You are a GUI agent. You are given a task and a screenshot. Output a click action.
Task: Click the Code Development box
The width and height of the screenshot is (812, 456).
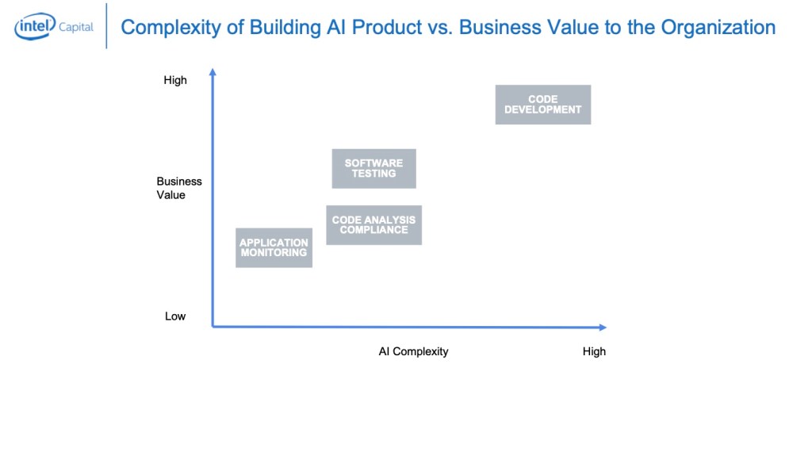pyautogui.click(x=543, y=105)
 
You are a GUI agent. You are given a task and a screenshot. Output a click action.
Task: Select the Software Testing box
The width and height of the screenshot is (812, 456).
pyautogui.click(x=373, y=168)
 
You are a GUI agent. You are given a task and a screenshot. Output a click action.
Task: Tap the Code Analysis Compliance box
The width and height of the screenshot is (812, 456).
pyautogui.click(x=373, y=224)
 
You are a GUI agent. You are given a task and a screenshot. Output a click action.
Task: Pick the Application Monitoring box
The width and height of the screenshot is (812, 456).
pyautogui.click(x=274, y=247)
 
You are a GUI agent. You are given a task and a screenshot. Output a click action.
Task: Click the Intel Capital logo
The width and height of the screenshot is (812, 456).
pyautogui.click(x=53, y=28)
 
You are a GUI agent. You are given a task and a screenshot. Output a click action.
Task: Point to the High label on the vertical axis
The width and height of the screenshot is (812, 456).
pyautogui.click(x=175, y=80)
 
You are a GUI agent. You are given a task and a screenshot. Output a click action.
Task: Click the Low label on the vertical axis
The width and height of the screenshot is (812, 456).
pyautogui.click(x=175, y=316)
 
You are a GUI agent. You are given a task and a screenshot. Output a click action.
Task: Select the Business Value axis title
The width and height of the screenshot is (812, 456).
pyautogui.click(x=179, y=188)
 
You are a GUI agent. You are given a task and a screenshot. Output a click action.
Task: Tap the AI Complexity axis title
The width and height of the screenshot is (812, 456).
pyautogui.click(x=413, y=351)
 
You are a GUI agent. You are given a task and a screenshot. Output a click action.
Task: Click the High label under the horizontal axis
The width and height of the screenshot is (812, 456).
pyautogui.click(x=594, y=351)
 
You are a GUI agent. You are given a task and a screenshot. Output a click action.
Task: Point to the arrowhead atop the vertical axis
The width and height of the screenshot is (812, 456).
pyautogui.click(x=213, y=73)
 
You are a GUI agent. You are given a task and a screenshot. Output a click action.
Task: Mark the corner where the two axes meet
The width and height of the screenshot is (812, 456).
pyautogui.click(x=213, y=326)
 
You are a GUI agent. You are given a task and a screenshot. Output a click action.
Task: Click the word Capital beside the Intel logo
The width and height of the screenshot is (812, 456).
pyautogui.click(x=76, y=27)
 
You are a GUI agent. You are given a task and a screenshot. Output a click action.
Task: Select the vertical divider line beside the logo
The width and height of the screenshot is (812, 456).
pyautogui.click(x=106, y=26)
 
